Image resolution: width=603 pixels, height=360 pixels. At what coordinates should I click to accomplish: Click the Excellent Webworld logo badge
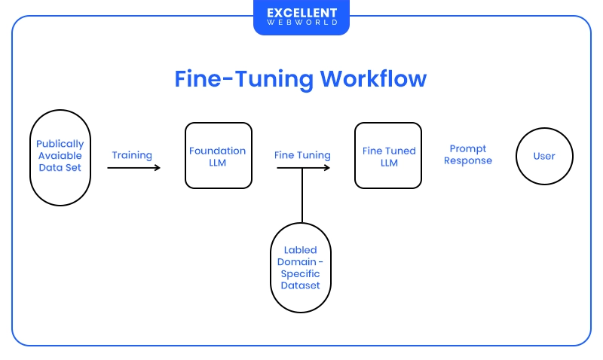coord(301,17)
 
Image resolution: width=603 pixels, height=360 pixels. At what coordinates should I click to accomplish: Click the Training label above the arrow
coord(132,155)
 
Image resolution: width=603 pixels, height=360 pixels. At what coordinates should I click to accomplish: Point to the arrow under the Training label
coord(133,167)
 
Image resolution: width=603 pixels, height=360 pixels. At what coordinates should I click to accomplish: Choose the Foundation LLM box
coord(218,156)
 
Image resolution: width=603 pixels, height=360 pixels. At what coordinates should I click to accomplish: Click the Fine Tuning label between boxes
coord(302,155)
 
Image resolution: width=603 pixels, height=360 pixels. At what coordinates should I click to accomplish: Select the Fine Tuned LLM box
coord(387,156)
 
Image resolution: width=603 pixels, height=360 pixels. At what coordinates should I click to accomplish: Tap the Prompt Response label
coord(467,155)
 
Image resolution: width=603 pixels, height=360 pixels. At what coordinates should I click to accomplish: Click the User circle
coord(544,156)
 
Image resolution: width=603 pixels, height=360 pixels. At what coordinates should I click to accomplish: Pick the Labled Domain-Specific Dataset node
coord(301,267)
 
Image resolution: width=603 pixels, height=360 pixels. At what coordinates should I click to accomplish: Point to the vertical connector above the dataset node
coord(301,195)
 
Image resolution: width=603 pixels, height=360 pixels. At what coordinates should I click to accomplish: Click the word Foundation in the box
coord(218,151)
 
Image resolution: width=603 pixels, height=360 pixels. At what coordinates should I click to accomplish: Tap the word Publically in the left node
coord(60,144)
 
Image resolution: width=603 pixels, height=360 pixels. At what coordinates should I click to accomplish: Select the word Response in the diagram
coord(467,160)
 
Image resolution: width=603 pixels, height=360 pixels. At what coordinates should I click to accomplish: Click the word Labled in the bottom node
coord(301,249)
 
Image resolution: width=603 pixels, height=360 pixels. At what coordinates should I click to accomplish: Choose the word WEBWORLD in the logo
coord(301,23)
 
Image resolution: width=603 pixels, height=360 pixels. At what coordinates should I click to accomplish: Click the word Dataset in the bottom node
coord(301,285)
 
